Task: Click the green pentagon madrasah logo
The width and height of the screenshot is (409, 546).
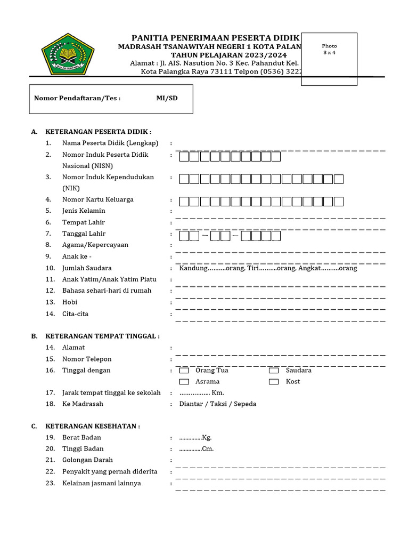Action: tap(68, 54)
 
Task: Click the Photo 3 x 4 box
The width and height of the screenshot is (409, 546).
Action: tap(329, 59)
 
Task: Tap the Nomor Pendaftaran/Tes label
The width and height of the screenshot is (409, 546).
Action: tap(77, 98)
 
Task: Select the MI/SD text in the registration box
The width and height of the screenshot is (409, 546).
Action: tap(167, 98)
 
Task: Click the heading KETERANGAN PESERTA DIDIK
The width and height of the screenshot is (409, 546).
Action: tap(99, 131)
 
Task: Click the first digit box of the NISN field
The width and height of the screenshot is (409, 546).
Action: tap(184, 157)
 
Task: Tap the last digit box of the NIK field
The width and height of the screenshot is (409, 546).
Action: tap(338, 179)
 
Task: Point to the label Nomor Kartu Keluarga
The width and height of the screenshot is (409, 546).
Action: tap(98, 199)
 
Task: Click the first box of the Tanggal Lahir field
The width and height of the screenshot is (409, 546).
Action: tap(184, 236)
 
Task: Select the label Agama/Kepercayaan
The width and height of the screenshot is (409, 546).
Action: tap(95, 245)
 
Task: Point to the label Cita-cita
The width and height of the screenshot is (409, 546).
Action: tap(75, 314)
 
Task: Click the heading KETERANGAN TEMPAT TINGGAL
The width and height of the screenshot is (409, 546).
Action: tap(102, 336)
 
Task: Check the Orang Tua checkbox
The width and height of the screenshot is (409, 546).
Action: tap(184, 371)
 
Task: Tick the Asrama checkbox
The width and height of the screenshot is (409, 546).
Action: tap(184, 382)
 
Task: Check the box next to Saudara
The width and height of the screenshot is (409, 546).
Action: tap(274, 371)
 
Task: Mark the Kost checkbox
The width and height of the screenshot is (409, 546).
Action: tap(274, 382)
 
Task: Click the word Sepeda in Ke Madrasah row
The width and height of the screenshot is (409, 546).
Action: tap(245, 404)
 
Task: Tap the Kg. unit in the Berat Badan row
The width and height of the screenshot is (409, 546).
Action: tap(207, 438)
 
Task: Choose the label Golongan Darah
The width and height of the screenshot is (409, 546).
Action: tap(87, 460)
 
